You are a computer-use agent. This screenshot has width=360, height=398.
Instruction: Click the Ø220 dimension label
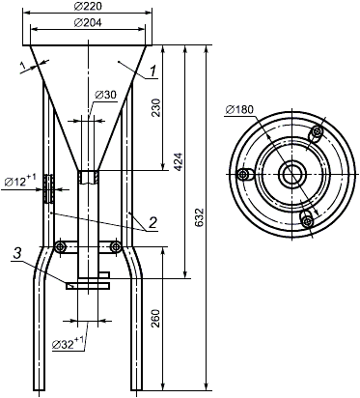click(88, 7)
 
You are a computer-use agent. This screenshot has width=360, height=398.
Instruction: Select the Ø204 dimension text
click(88, 22)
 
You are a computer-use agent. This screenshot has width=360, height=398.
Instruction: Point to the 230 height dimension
click(155, 108)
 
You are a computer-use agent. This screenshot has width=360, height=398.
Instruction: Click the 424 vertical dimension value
click(179, 162)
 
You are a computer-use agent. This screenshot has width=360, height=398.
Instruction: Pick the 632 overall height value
click(200, 217)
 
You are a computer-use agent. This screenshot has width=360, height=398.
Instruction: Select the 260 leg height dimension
click(155, 318)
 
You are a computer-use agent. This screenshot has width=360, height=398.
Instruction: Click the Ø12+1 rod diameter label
click(21, 181)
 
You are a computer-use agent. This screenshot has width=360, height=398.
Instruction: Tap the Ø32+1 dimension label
click(69, 343)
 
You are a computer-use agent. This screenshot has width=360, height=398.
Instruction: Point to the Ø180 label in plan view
click(239, 109)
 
